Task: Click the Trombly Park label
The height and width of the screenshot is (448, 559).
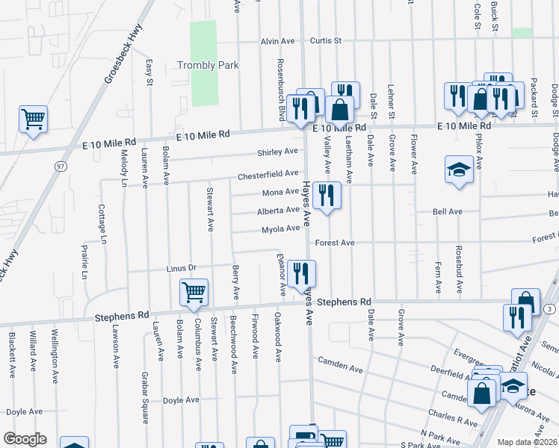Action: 208,66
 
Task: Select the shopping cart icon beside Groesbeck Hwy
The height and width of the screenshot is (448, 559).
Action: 34,119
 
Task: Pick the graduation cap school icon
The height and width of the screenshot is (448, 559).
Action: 458,169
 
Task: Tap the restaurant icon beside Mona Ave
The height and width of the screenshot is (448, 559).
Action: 327,196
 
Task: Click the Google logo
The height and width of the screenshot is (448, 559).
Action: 25,439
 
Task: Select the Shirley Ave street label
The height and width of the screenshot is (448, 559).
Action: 277,152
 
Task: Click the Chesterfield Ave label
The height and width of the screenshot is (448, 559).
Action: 268,175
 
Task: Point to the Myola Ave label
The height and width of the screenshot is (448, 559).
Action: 280,229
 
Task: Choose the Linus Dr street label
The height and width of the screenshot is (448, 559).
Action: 181,268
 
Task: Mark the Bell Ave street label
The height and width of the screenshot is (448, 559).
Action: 447,212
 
